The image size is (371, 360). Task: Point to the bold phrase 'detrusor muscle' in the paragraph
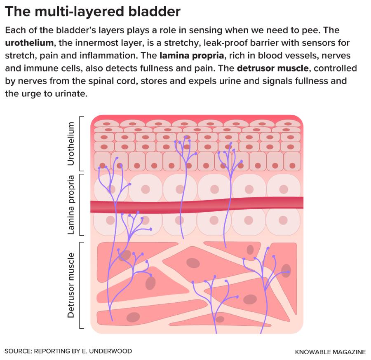pyautogui.click(x=272, y=68)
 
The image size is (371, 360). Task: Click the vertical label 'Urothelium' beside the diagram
pyautogui.click(x=71, y=143)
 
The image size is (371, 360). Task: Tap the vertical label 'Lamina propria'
pyautogui.click(x=71, y=205)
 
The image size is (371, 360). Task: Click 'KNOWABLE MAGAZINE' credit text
pyautogui.click(x=330, y=352)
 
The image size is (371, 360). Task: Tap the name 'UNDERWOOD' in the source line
pyautogui.click(x=112, y=351)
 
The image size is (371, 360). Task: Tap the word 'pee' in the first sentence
pyautogui.click(x=295, y=31)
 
